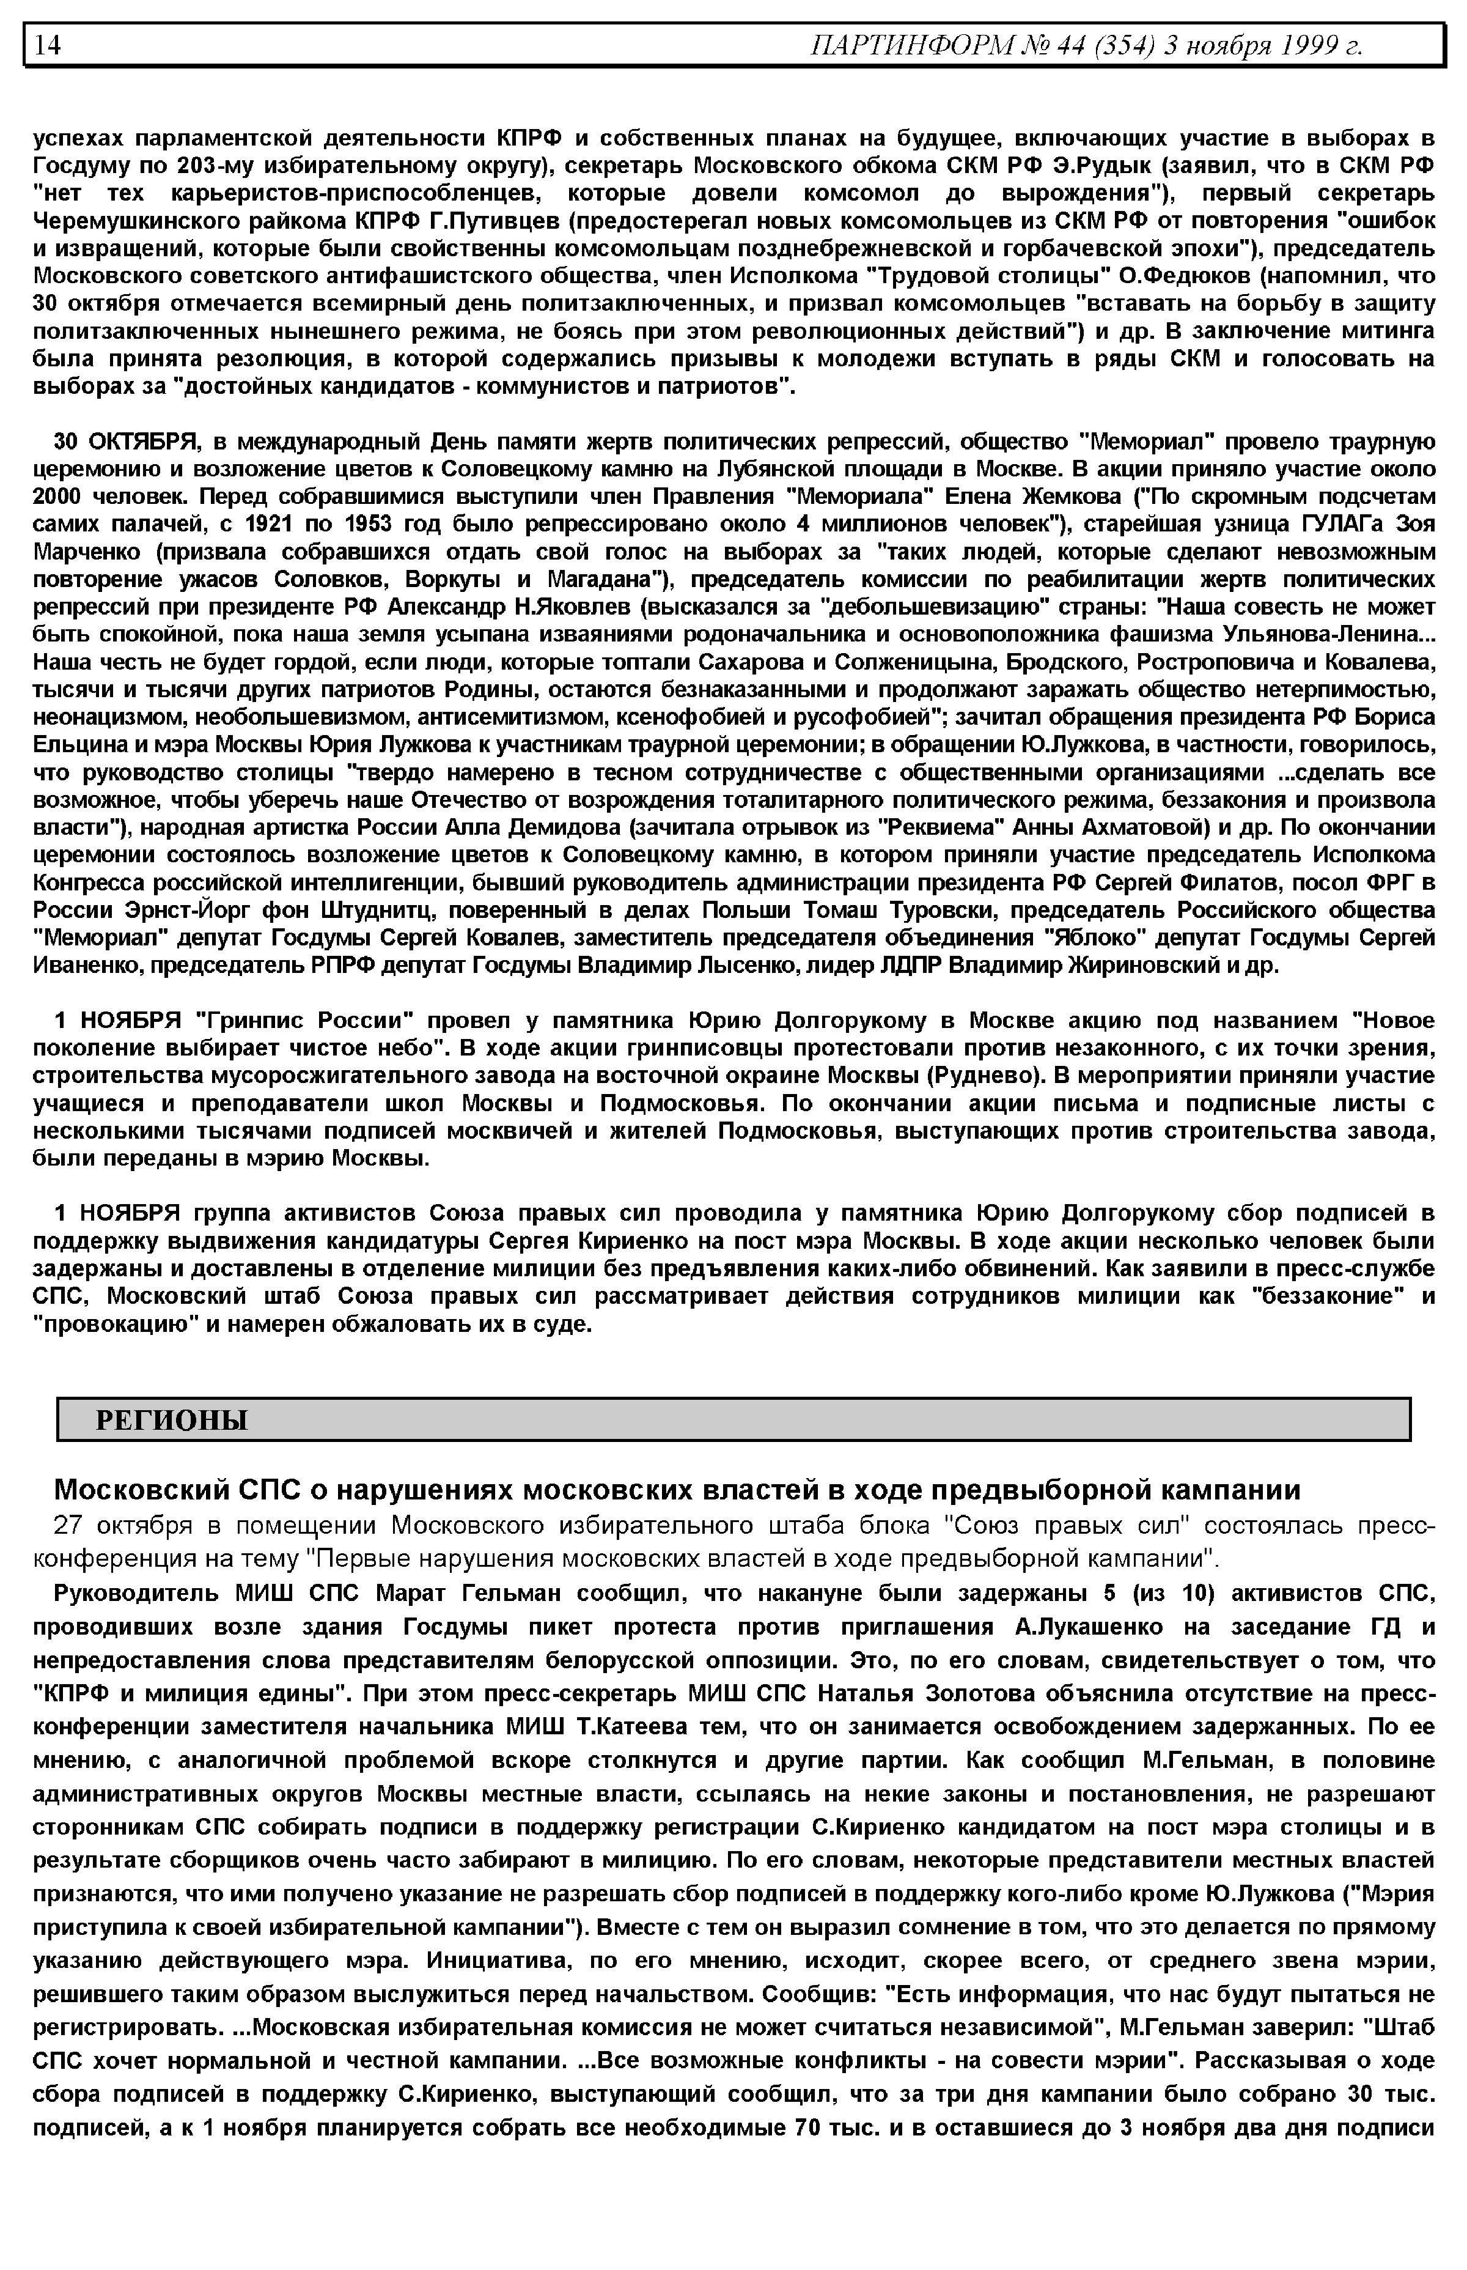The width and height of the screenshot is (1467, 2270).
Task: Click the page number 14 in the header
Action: (x=48, y=45)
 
